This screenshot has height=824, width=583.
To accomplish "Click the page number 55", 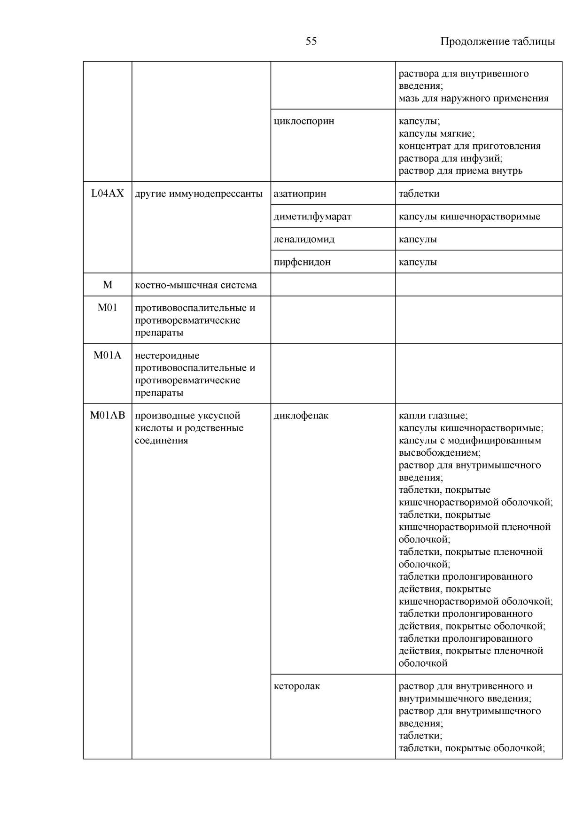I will point(311,41).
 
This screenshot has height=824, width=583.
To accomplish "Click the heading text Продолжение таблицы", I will point(497,41).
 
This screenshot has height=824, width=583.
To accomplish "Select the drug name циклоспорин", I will point(304,121).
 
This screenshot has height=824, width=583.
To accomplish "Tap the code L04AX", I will point(108,194).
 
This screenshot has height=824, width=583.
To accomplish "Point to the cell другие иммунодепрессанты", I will point(198,194).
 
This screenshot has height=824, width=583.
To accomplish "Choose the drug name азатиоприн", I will point(300,194).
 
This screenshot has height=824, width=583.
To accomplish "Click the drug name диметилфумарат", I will point(312,217).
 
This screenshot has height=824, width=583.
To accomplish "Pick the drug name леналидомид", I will point(304,239).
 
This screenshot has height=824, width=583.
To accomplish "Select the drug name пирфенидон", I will point(302,262).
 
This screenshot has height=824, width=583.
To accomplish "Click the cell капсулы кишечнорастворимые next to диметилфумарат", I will point(469,217).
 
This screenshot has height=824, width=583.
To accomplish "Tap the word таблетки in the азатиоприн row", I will point(419,194).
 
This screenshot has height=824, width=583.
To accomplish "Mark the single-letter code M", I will point(108,285).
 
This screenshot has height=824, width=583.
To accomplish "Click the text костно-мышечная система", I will point(195,285).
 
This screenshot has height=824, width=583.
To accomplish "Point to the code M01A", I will point(108,356).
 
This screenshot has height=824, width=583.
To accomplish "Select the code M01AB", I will point(108,416).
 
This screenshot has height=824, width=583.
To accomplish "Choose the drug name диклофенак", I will point(301,416).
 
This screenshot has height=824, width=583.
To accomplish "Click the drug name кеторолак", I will point(297,686).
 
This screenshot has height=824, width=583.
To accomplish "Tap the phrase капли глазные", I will point(433,416).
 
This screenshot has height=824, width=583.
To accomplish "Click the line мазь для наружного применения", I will point(474,99).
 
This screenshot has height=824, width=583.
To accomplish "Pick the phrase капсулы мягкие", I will point(436,134).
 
